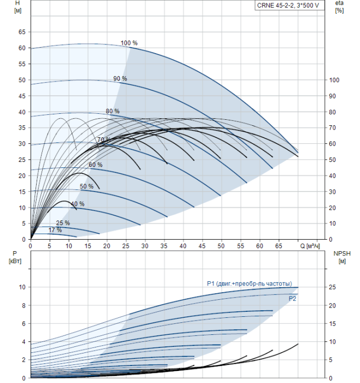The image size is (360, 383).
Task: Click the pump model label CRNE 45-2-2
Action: tap(288, 5)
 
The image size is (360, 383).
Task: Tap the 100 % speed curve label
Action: tap(129, 43)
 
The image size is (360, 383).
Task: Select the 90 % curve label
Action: tap(120, 79)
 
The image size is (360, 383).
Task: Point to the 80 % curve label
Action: tap(113, 111)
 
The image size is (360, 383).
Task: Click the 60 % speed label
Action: tap(96, 165)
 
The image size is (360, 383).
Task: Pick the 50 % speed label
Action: tap(86, 187)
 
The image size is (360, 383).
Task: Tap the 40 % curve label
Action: tap(78, 204)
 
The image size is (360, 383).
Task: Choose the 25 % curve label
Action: tap(63, 223)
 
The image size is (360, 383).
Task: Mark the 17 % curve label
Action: tap(55, 230)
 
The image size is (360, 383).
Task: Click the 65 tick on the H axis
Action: tap(22, 32)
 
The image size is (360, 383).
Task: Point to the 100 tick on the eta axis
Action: tap(334, 80)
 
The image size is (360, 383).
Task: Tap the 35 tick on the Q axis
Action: tap(164, 246)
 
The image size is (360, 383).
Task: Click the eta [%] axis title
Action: tap(339, 7)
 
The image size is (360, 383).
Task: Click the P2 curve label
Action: tap(293, 299)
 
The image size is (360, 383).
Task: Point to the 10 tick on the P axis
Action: tap(22, 287)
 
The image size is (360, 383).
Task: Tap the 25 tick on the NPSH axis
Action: tap(332, 287)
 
